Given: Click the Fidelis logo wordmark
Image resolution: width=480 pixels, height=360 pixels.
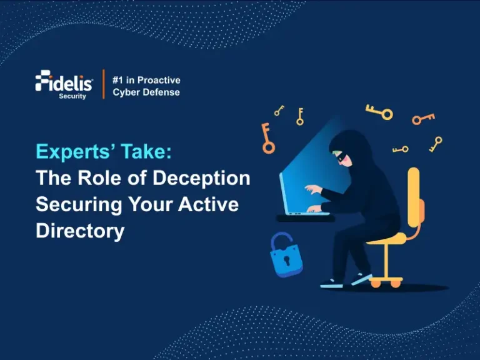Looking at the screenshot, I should pos(64,82).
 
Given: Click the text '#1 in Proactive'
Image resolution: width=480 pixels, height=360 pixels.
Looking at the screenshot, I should pos(146,80).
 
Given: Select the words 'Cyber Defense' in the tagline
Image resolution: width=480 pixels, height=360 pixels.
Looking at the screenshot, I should pos(146,92).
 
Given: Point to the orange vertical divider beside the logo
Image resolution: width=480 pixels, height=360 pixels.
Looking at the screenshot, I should pos(103,84).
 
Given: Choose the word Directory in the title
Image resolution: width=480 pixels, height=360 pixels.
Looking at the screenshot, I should pos(80,231).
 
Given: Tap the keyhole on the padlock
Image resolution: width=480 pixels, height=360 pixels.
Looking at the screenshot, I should pos(286,259).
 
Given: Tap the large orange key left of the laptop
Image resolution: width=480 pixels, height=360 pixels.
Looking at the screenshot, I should pos(267,139).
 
